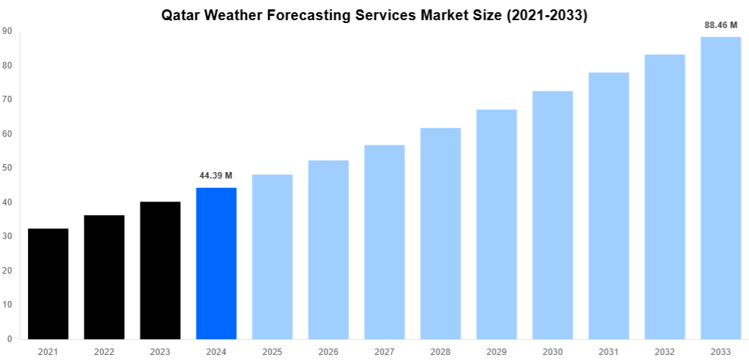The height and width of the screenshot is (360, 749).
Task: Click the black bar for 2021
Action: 48,284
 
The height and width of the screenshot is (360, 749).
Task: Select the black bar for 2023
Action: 160,270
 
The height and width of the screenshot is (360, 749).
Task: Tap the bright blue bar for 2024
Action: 216,263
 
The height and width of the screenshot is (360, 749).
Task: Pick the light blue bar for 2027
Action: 385,242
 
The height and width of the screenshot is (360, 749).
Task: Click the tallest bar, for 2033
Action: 721,187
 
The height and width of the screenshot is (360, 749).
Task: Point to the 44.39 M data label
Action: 216,175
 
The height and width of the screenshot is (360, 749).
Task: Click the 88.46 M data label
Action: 721,24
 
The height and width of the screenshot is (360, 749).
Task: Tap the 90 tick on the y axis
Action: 6,31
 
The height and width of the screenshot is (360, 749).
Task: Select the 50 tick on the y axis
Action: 6,168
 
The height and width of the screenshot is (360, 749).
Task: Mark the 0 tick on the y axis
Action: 9,338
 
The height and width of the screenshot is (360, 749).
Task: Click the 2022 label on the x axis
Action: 104,351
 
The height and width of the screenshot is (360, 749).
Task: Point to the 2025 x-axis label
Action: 272,351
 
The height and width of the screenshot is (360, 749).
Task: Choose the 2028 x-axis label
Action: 441,351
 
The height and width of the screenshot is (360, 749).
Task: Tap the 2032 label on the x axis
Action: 665,351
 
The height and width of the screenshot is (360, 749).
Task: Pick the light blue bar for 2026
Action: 328,249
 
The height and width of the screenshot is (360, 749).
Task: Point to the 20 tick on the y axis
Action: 6,270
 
